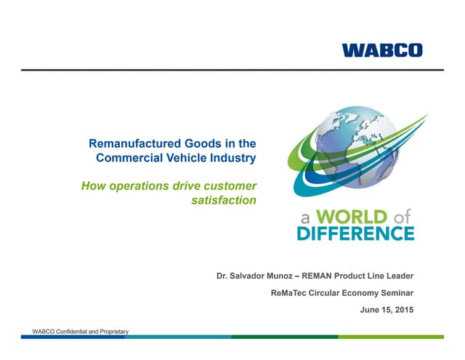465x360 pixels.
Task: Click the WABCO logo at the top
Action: pos(382,50)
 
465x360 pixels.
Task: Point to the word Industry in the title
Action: pos(233,159)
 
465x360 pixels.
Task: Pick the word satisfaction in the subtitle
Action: pos(224,200)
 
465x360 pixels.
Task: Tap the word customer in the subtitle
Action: pos(230,186)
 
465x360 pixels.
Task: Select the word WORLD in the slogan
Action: pos(352,217)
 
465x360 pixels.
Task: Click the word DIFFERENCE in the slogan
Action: pos(356,233)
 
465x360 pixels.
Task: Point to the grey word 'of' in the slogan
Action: pos(402,217)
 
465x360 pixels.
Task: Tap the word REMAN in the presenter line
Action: pos(317,276)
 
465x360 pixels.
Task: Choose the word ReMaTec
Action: pos(288,293)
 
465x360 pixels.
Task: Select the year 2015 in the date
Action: pos(405,310)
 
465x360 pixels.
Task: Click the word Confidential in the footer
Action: pos(72,332)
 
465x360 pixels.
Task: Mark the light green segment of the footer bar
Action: pos(391,337)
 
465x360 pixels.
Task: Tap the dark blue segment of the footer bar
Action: pos(73,337)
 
